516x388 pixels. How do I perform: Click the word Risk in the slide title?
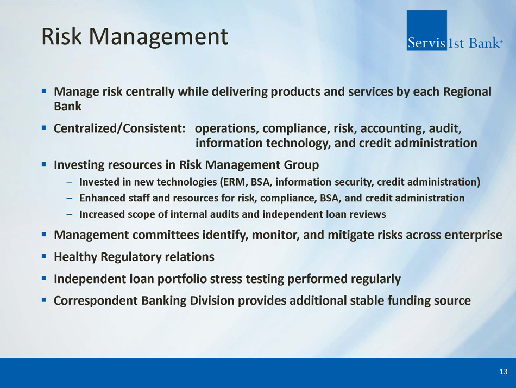tap(61, 36)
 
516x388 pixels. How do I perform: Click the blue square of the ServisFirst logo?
tap(426, 30)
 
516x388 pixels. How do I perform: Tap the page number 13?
tap(503, 372)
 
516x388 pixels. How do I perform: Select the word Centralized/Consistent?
tap(120, 128)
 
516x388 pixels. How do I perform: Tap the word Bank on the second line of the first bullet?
tap(67, 106)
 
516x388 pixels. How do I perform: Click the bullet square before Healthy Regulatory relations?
tap(44, 256)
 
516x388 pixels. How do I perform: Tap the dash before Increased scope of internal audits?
tap(69, 214)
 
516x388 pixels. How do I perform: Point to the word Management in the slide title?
tap(158, 37)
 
